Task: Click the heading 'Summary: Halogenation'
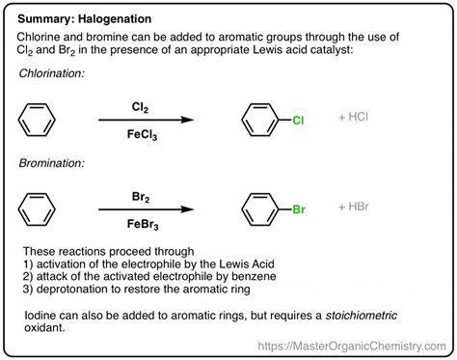point(85,19)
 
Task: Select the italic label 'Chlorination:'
point(51,73)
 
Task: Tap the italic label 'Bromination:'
point(51,163)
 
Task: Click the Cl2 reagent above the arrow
point(140,107)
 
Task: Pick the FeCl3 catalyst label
point(142,134)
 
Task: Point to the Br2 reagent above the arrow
point(141,197)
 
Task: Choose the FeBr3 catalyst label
point(143,224)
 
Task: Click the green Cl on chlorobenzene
point(298,121)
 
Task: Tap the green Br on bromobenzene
point(299,209)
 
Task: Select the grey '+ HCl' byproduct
point(353,117)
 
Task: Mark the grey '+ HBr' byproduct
point(354,207)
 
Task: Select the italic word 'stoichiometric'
point(362,316)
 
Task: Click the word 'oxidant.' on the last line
point(44,328)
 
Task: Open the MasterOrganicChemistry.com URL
point(352,346)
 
